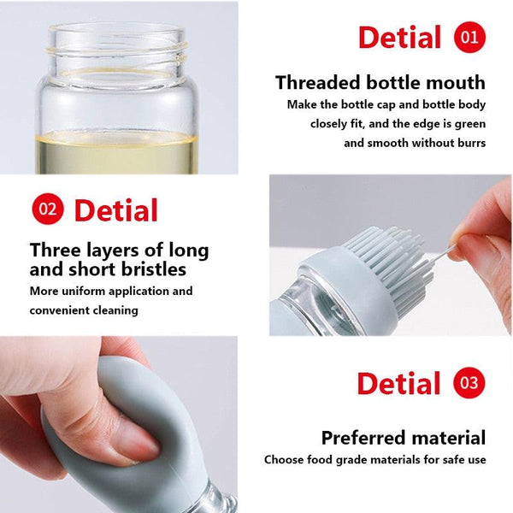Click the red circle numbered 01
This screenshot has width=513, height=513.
[469, 38]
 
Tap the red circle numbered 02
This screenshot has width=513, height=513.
[48, 209]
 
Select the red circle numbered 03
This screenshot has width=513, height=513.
[469, 383]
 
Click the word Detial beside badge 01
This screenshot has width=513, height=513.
[399, 38]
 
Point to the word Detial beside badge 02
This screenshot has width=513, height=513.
[116, 210]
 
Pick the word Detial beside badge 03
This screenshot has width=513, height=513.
[399, 384]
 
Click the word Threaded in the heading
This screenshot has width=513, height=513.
[317, 83]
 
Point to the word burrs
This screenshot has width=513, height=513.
[469, 143]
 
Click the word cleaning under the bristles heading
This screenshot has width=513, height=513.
[109, 310]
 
